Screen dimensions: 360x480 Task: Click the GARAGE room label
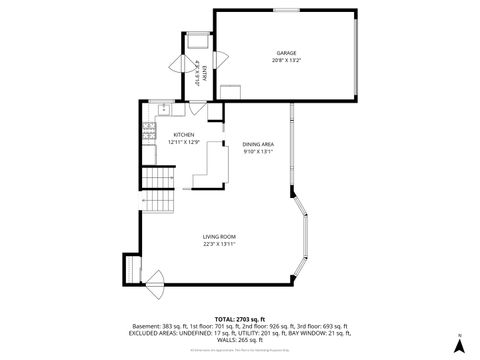pos(286,52)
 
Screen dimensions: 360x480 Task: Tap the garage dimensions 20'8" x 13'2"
pos(286,60)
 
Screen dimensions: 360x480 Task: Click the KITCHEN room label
pos(183,135)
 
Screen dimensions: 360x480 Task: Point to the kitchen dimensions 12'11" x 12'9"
pos(183,142)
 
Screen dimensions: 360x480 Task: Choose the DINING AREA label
pos(258,144)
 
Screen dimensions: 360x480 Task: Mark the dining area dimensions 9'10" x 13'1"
pos(258,152)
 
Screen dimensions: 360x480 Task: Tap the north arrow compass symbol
pos(458,343)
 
